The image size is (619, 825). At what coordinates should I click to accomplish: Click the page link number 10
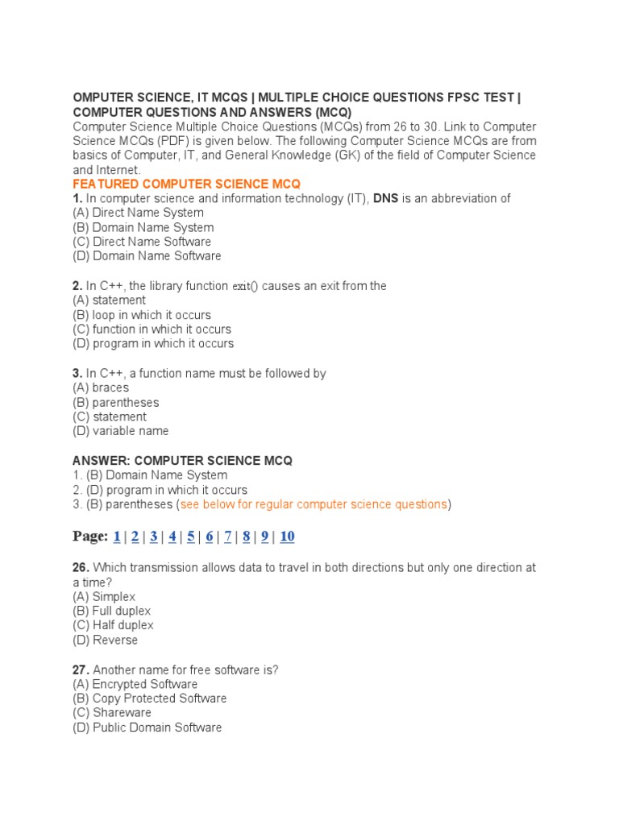click(287, 537)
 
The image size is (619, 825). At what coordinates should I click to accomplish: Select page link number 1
click(117, 537)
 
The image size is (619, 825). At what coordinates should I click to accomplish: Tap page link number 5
click(190, 537)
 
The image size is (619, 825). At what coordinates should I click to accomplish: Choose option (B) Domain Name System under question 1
click(143, 227)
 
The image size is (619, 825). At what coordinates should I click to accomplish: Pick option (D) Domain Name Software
click(147, 256)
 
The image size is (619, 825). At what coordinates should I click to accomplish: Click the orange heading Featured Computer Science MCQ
click(186, 184)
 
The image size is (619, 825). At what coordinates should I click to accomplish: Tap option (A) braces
click(101, 388)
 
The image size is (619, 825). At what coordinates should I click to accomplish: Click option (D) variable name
click(120, 431)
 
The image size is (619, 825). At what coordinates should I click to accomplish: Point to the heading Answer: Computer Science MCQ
click(182, 461)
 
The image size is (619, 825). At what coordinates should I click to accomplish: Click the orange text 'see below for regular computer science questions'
click(314, 504)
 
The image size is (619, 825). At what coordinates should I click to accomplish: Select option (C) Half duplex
click(113, 625)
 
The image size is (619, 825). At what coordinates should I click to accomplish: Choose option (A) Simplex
click(104, 596)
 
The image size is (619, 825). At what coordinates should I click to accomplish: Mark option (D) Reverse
click(105, 640)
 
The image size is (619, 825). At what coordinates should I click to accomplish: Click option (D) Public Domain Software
click(147, 728)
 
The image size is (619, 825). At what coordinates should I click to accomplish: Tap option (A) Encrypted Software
click(135, 684)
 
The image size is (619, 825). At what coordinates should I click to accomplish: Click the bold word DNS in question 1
click(385, 198)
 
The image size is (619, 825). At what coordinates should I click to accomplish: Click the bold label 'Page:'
click(90, 537)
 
